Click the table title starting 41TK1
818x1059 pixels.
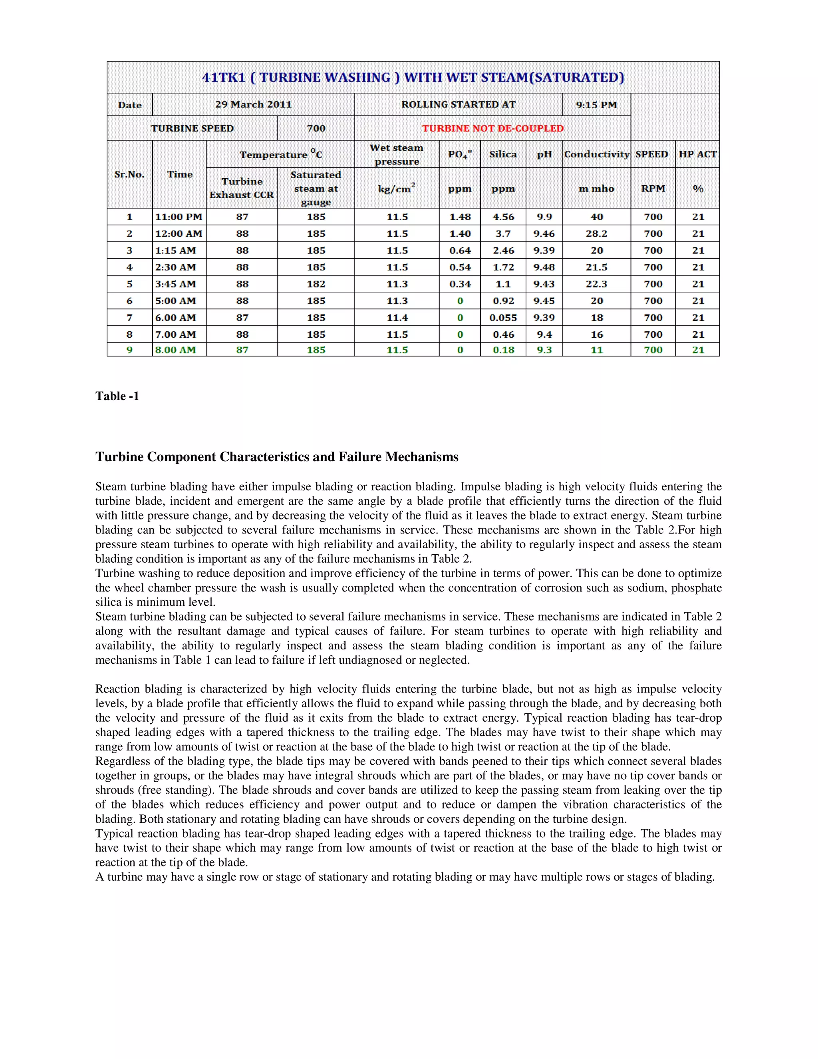click(413, 78)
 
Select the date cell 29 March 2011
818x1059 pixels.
click(254, 105)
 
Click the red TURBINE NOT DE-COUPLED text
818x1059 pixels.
click(492, 129)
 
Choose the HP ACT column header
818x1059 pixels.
click(697, 154)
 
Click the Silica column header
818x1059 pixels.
click(502, 154)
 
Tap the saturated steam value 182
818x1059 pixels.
click(316, 284)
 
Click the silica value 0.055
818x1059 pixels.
click(503, 318)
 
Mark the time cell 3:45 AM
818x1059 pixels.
click(175, 284)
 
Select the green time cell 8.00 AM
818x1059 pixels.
click(175, 350)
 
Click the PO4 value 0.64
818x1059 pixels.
click(460, 251)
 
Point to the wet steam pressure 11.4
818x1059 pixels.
click(397, 318)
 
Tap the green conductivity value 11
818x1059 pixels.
click(597, 350)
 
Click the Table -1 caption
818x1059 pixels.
click(117, 396)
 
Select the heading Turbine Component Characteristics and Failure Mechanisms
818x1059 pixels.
click(277, 457)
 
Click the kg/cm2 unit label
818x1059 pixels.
click(396, 189)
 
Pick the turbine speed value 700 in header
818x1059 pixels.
click(316, 129)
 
